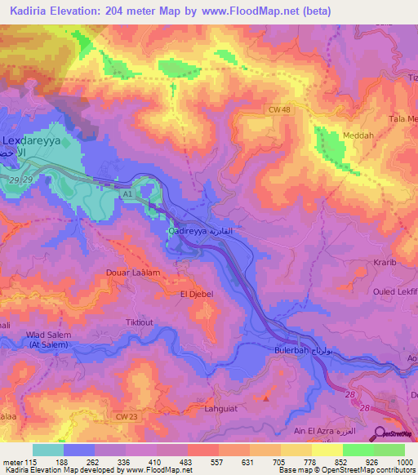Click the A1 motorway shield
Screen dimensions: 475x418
point(127,196)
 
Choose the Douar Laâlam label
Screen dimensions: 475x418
point(131,273)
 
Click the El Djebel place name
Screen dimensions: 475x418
point(196,292)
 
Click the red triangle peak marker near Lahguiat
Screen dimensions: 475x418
point(267,398)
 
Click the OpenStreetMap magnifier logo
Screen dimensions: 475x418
point(381,434)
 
